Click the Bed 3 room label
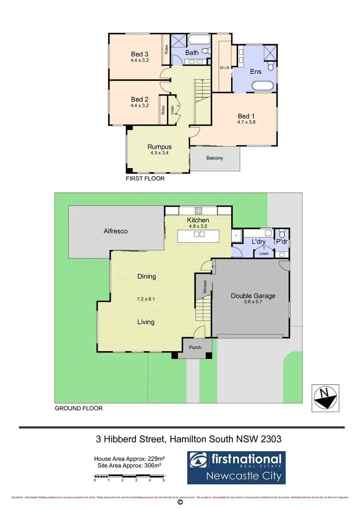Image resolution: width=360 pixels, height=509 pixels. (140, 54)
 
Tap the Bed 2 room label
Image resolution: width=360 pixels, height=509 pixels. (140, 99)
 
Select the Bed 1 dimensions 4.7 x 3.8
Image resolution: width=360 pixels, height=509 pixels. (244, 123)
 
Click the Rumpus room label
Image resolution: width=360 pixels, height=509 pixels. (159, 147)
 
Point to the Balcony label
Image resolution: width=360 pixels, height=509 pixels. (215, 158)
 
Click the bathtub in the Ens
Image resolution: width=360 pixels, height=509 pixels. (263, 87)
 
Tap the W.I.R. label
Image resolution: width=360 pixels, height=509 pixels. (226, 68)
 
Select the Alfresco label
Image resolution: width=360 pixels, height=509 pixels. (116, 231)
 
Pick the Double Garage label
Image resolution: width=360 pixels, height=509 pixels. (253, 296)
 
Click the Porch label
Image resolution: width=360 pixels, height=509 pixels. (195, 348)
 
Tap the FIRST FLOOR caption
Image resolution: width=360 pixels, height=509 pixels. (145, 178)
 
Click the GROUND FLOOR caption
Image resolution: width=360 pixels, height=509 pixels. (79, 409)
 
